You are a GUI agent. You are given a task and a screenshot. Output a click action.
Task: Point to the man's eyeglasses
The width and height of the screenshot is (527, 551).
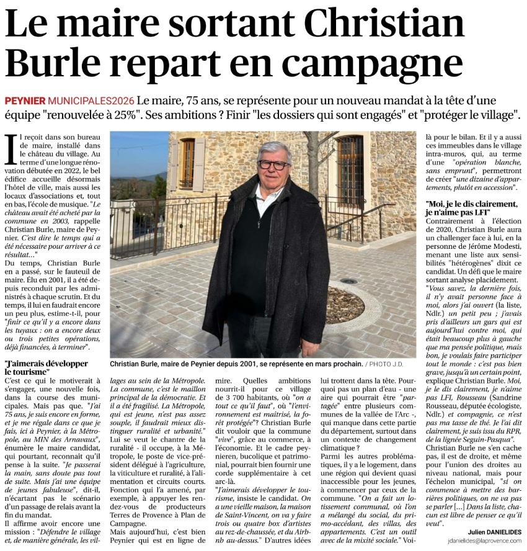tap(273, 165)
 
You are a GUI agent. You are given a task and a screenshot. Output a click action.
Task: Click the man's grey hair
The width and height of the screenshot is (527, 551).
tap(275, 150)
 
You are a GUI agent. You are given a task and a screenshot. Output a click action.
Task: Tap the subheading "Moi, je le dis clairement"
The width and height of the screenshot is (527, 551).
tap(471, 207)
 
